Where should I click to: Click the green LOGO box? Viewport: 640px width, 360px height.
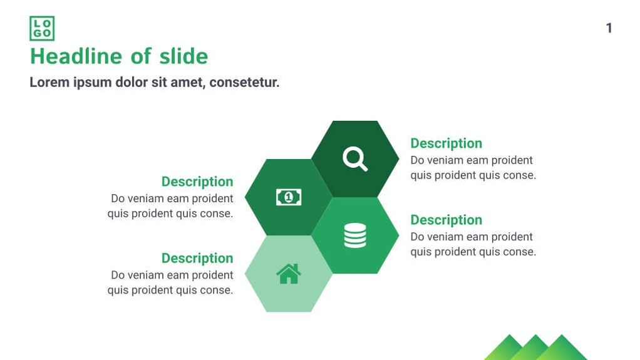pyautogui.click(x=42, y=28)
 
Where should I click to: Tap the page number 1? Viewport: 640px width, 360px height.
pyautogui.click(x=609, y=28)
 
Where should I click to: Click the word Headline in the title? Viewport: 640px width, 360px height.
pyautogui.click(x=76, y=56)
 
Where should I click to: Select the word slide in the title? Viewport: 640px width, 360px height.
pyautogui.click(x=183, y=56)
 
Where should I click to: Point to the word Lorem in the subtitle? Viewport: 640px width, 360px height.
pyautogui.click(x=49, y=83)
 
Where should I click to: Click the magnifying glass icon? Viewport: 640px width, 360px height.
pyautogui.click(x=355, y=159)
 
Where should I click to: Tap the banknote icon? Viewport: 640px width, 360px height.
pyautogui.click(x=289, y=197)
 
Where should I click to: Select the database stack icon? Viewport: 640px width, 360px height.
pyautogui.click(x=355, y=235)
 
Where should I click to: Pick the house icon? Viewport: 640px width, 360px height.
pyautogui.click(x=289, y=274)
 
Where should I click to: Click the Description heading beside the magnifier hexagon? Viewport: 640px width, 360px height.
pyautogui.click(x=446, y=143)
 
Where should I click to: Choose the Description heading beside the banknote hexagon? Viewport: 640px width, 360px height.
pyautogui.click(x=197, y=182)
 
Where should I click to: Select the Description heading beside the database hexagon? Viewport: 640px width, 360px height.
pyautogui.click(x=446, y=220)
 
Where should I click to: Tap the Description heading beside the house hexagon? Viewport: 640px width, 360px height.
pyautogui.click(x=197, y=258)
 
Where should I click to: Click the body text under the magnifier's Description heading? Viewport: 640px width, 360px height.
pyautogui.click(x=473, y=168)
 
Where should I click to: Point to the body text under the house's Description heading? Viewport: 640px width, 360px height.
pyautogui.click(x=170, y=282)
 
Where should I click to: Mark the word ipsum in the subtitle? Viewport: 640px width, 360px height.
pyautogui.click(x=93, y=83)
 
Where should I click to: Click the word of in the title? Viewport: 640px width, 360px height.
pyautogui.click(x=142, y=56)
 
